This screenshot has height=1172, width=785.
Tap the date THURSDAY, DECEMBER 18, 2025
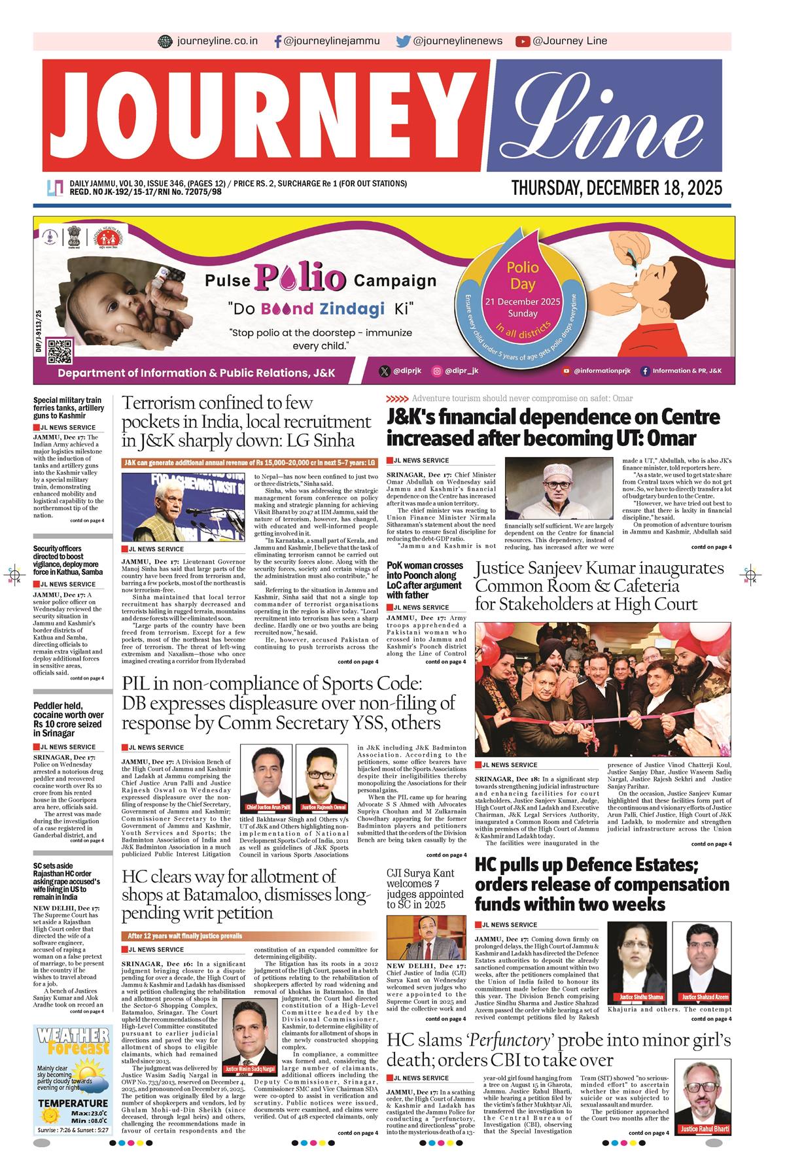click(617, 188)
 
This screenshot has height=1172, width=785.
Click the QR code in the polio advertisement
click(60, 351)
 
